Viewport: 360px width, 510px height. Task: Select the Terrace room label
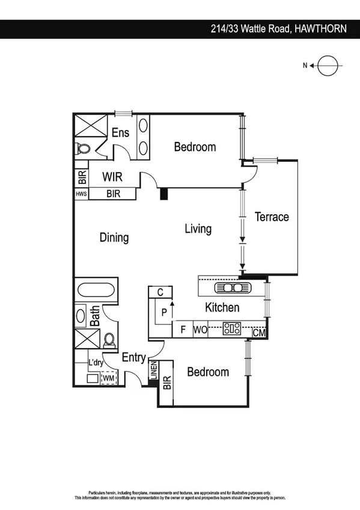click(272, 217)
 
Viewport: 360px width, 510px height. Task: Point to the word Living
click(198, 229)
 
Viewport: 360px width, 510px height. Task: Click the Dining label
click(114, 238)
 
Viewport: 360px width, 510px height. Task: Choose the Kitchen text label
click(222, 308)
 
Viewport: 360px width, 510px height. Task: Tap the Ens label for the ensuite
click(120, 133)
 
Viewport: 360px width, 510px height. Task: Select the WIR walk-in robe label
click(113, 177)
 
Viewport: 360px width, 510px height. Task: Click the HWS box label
click(81, 194)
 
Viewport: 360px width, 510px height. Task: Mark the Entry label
click(133, 358)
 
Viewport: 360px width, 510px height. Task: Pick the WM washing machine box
click(109, 378)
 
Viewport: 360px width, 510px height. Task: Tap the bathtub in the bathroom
click(96, 290)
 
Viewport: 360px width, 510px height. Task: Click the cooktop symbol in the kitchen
click(232, 329)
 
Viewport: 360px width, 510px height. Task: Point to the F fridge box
click(182, 330)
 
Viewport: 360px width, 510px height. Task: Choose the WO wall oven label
click(200, 330)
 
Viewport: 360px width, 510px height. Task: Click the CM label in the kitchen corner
click(259, 333)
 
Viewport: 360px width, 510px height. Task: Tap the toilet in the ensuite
click(82, 149)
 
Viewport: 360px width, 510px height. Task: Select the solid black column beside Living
click(163, 194)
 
